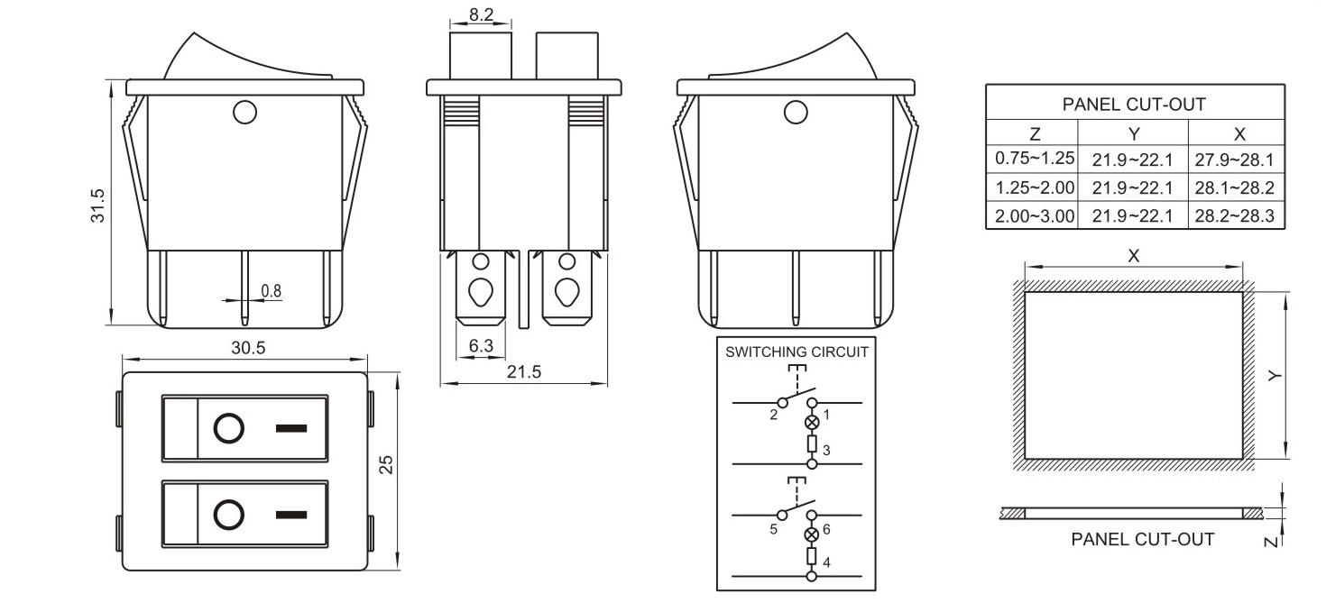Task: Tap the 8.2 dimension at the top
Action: pos(480,14)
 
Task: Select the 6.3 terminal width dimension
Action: pos(482,345)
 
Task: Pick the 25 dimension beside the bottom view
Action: pos(385,464)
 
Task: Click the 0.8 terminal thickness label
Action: pos(271,290)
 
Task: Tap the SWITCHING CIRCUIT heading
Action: pos(797,352)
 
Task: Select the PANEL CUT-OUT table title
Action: pos(1134,105)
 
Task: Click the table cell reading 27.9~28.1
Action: pos(1234,160)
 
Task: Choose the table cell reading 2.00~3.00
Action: pos(1034,216)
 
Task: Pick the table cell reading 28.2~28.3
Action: pos(1234,216)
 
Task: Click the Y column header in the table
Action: pos(1134,134)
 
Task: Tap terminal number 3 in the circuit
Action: pos(826,450)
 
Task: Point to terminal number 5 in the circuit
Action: pos(773,529)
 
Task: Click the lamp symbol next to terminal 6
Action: pos(812,534)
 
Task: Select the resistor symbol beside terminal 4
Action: pos(812,555)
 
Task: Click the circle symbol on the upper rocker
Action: pos(228,428)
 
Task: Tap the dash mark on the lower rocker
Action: pos(290,516)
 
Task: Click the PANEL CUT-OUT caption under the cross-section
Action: pos(1142,539)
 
